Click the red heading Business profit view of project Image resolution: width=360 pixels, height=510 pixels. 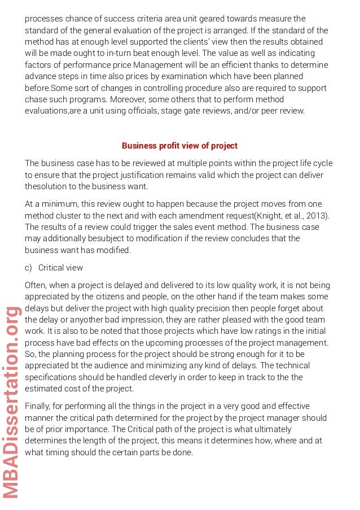point(179,146)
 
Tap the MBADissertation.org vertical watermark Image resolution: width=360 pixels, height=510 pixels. point(11,402)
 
